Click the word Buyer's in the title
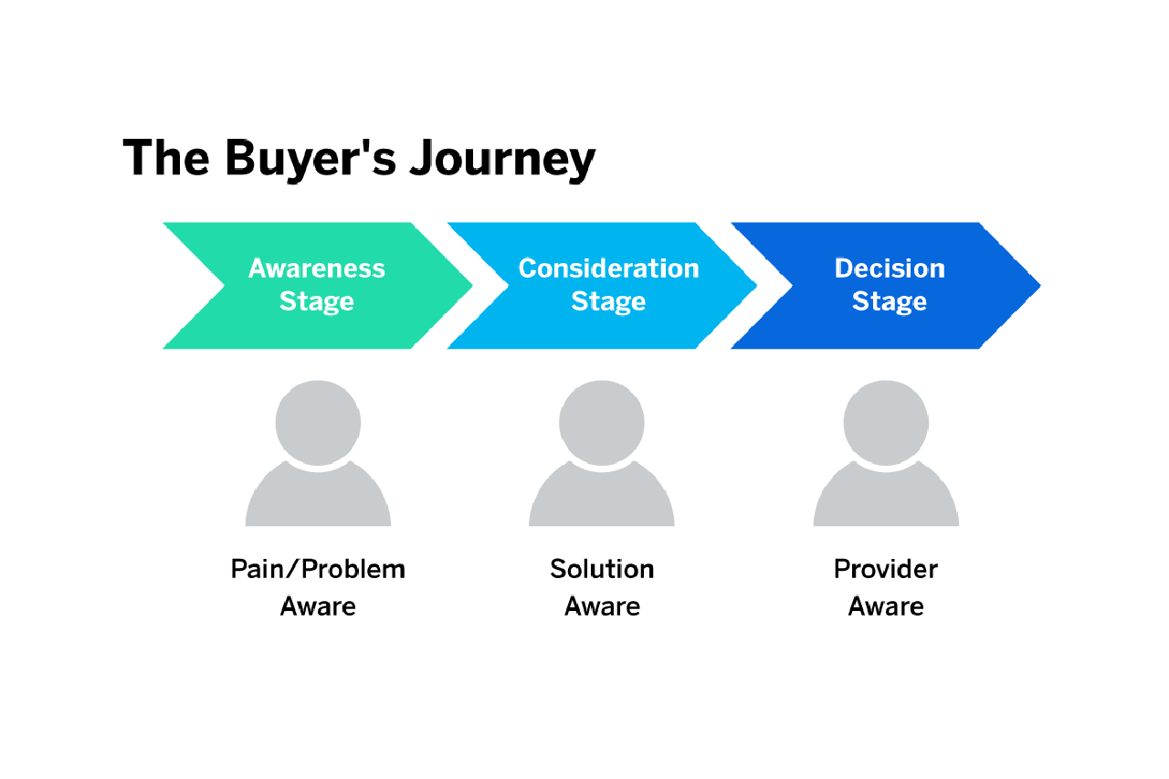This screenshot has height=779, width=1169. [x=311, y=159]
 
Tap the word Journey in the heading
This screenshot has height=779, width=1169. [x=502, y=159]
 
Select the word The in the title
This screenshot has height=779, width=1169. [x=166, y=157]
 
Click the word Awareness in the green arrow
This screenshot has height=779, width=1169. [x=317, y=268]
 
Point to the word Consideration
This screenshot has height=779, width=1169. [x=608, y=268]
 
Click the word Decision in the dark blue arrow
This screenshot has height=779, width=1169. [x=890, y=268]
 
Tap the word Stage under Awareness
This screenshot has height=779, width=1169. [x=317, y=302]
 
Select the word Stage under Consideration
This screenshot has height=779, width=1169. [x=608, y=302]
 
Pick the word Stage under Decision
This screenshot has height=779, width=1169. [x=890, y=302]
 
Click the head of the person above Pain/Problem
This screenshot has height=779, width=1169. [x=318, y=423]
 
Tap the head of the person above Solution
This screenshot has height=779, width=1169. [x=602, y=423]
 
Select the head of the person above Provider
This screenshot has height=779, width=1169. [x=886, y=423]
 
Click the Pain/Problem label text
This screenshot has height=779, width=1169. [x=318, y=569]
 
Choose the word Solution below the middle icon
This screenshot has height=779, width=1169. [x=602, y=569]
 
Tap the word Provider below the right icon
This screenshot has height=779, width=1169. [x=886, y=569]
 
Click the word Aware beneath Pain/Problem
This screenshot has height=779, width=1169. [x=318, y=606]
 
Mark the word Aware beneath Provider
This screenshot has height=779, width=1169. [x=886, y=606]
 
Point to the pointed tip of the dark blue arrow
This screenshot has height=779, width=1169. [x=1040, y=286]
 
